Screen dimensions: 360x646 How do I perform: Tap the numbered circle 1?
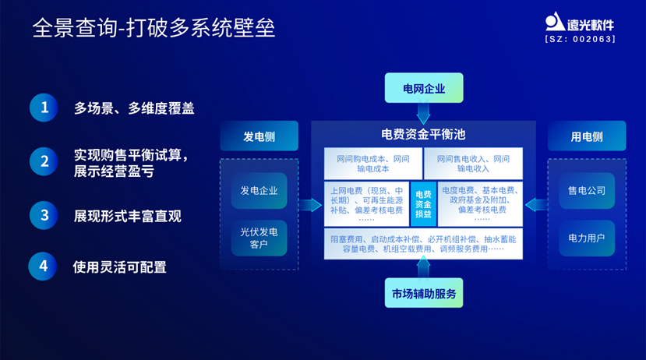coord(44,108)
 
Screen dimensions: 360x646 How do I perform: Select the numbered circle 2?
coord(44,161)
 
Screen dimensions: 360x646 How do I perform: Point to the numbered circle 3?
coord(44,215)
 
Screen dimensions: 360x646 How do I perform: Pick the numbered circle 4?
coord(44,266)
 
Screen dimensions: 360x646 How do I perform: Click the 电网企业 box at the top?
coord(423,88)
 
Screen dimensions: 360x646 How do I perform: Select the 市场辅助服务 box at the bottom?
coord(423,293)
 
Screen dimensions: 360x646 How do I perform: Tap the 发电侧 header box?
coord(259,136)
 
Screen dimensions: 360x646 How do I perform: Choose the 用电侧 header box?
coord(586,136)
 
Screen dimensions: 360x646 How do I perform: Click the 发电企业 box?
coord(259,190)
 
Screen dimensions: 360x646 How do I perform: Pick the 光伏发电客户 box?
coord(259,238)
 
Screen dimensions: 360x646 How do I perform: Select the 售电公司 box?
coord(586,190)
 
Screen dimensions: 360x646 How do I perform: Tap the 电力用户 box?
coord(586,238)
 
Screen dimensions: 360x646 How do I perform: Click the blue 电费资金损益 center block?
coord(423,203)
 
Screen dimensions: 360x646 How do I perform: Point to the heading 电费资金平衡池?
coord(423,134)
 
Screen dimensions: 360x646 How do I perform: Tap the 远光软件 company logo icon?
coord(555,23)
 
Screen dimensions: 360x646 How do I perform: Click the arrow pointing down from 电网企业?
coord(423,114)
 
